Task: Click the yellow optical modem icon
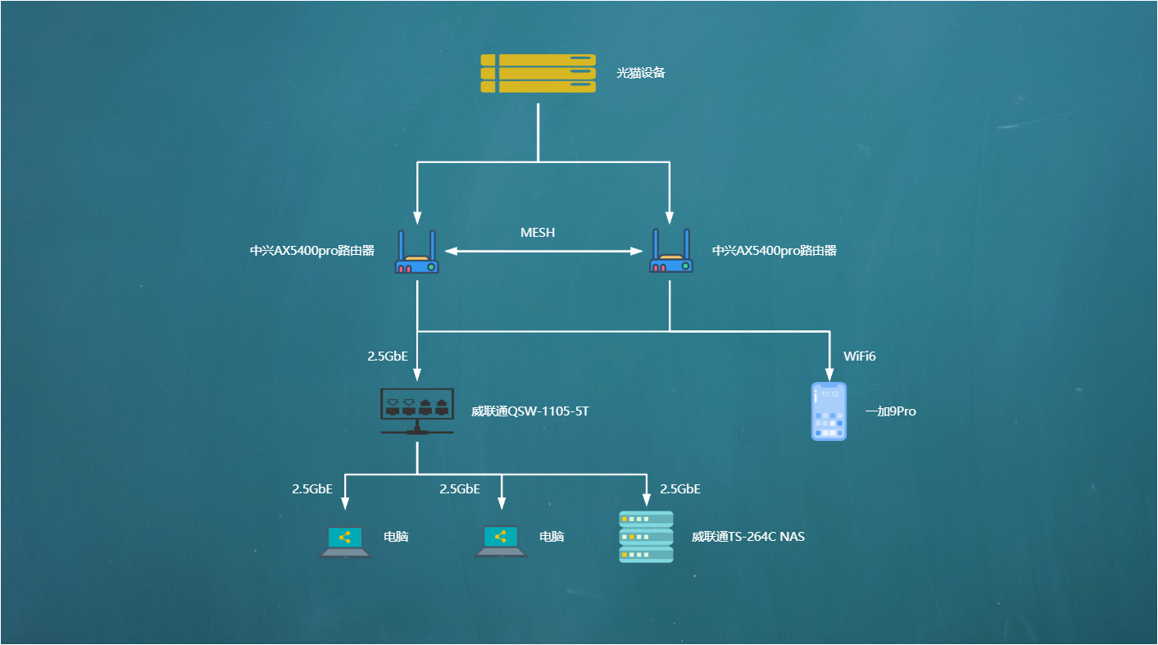coord(538,73)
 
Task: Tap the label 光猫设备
coord(641,73)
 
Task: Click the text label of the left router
coord(312,251)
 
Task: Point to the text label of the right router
coord(774,251)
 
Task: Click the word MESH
coord(538,232)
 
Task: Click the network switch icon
coord(417,410)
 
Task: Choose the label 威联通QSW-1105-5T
coord(530,411)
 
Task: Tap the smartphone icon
coord(829,411)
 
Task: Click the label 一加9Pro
coord(890,411)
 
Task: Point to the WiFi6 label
coord(861,357)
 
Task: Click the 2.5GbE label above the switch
coord(388,357)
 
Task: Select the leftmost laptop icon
coord(344,541)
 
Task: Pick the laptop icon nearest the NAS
coord(500,541)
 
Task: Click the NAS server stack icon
coord(646,537)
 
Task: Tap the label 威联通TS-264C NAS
coord(748,537)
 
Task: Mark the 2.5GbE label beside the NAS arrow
coord(680,489)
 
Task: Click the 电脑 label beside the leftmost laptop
coord(396,537)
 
